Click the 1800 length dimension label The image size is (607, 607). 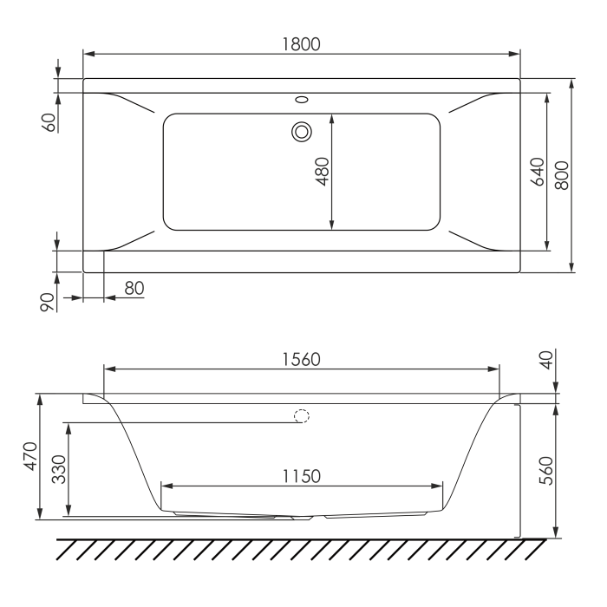pyautogui.click(x=301, y=44)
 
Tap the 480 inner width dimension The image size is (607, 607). pyautogui.click(x=322, y=172)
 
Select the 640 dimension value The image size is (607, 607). pyautogui.click(x=538, y=172)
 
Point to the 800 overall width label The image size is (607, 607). pyautogui.click(x=562, y=175)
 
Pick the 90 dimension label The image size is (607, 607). pyautogui.click(x=47, y=303)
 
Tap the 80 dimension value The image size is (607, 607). pyautogui.click(x=134, y=288)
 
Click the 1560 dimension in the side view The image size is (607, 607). pyautogui.click(x=301, y=360)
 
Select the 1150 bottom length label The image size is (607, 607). pyautogui.click(x=301, y=476)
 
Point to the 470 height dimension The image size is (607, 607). pyautogui.click(x=30, y=456)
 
